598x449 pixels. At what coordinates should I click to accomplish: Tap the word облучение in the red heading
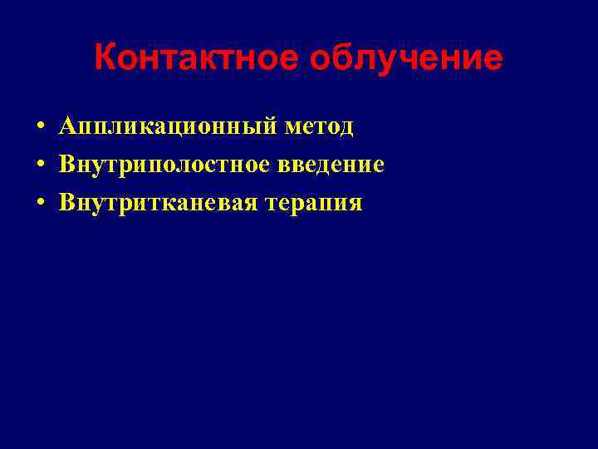[x=407, y=59]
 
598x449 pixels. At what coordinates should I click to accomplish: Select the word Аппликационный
[x=166, y=127]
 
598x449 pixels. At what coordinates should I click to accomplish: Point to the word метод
[x=319, y=127]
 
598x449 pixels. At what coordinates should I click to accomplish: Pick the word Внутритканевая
[x=158, y=203]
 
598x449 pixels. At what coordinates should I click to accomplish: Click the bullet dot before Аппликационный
[x=39, y=128]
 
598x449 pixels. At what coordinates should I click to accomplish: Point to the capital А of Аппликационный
[x=67, y=126]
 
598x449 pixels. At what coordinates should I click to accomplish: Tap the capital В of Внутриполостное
[x=66, y=165]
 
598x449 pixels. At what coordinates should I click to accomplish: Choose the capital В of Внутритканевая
[x=66, y=203]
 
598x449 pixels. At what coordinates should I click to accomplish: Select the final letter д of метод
[x=346, y=129]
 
